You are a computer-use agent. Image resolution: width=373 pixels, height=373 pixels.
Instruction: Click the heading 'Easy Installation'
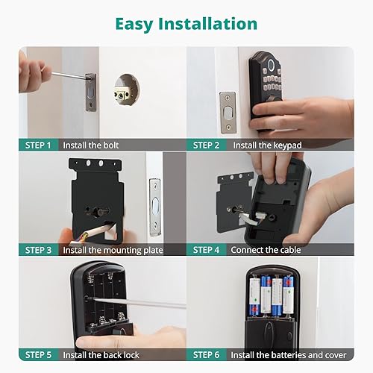pyautogui.click(x=186, y=23)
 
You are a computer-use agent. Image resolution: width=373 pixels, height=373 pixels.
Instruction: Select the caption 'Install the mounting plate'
pyautogui.click(x=122, y=250)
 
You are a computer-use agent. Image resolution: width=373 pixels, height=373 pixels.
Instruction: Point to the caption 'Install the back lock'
pyautogui.click(x=115, y=354)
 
